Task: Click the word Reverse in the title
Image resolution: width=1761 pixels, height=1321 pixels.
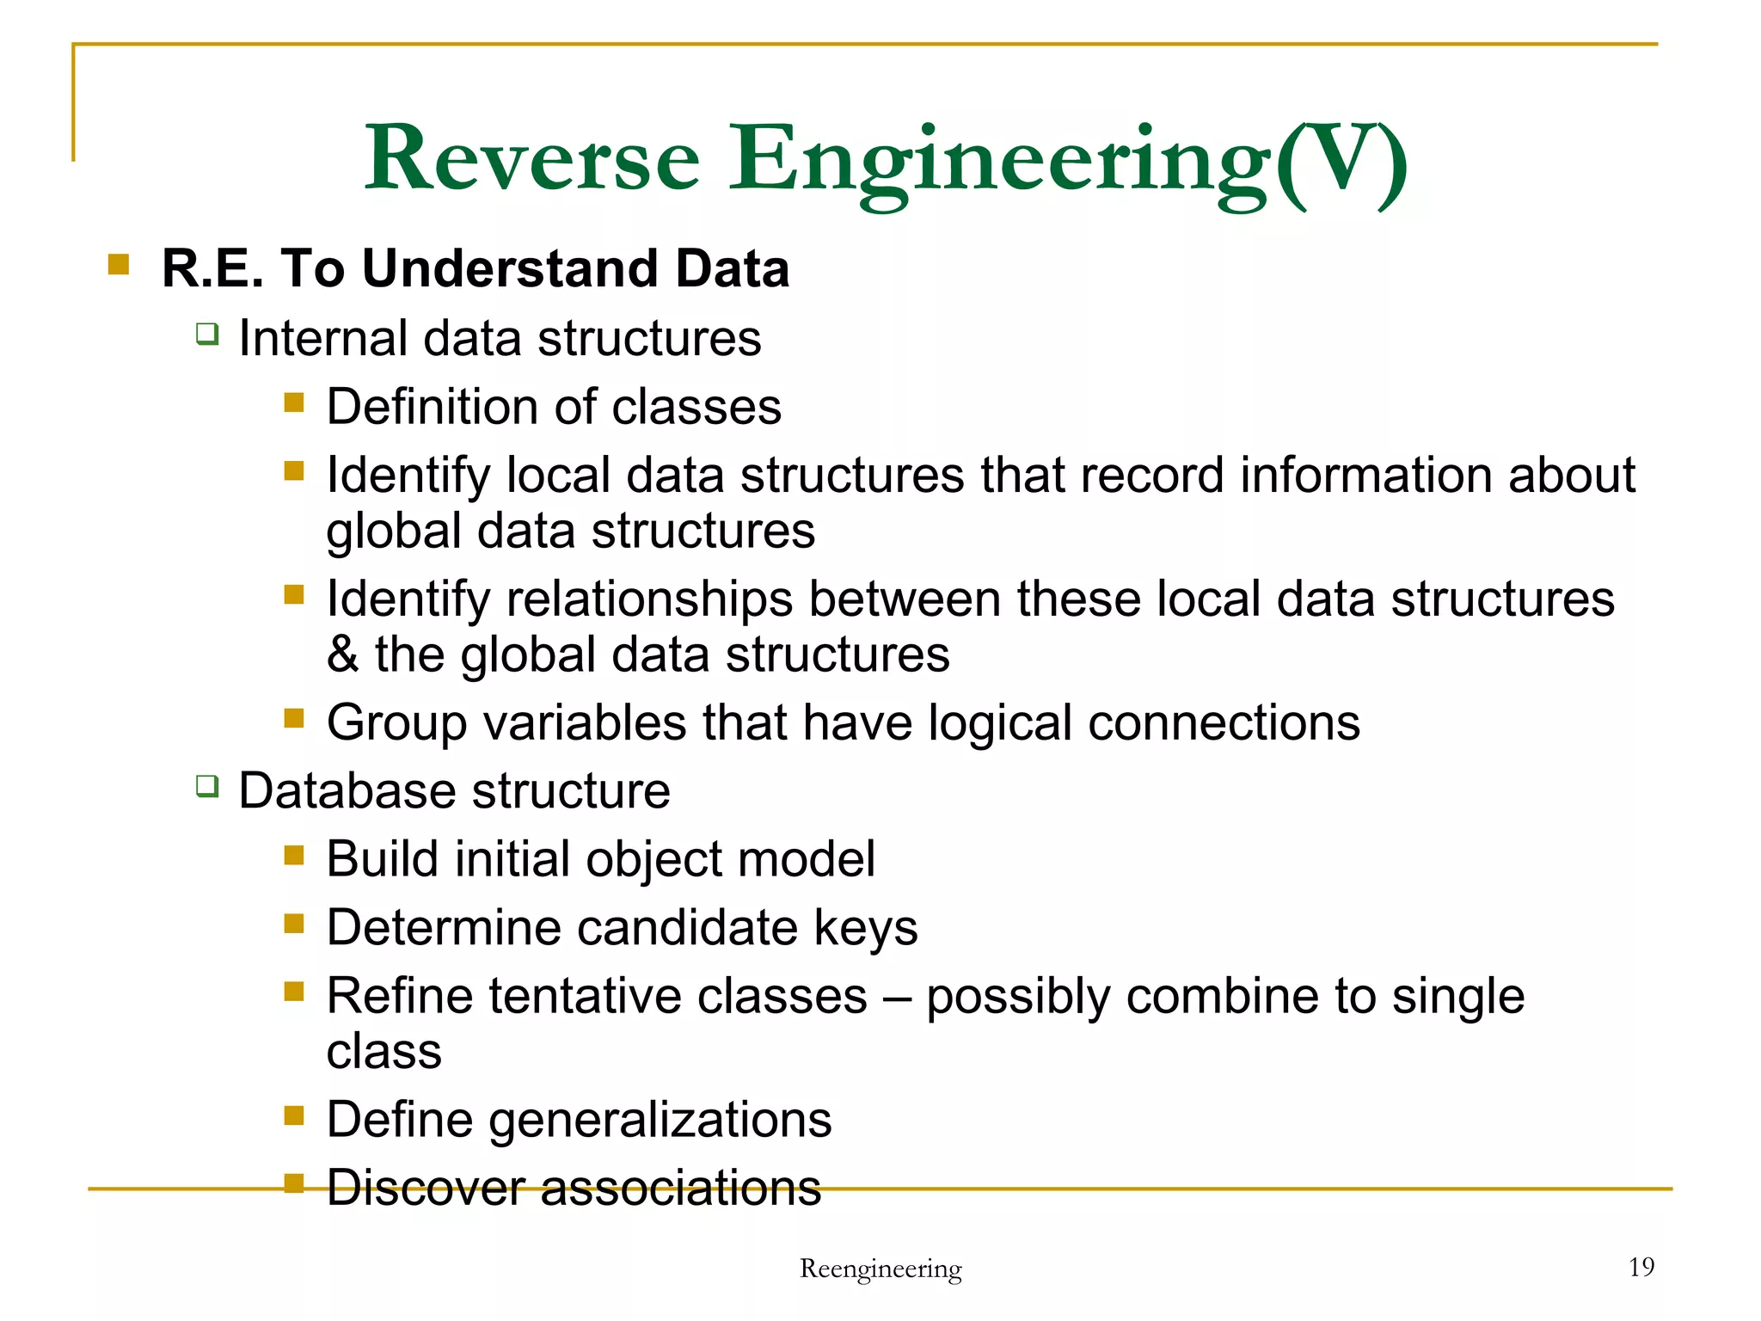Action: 532,159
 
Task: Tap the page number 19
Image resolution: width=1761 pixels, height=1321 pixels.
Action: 1641,1267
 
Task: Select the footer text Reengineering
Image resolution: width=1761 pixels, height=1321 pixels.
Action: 880,1269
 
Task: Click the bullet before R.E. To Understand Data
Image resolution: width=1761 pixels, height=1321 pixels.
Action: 119,264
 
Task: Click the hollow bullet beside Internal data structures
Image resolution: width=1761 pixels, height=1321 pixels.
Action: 206,334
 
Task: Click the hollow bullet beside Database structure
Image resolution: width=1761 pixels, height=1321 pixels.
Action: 206,786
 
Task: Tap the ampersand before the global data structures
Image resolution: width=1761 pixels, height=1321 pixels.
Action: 342,655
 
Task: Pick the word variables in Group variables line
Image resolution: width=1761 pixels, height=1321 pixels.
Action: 585,723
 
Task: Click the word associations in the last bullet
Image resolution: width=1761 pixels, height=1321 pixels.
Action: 680,1189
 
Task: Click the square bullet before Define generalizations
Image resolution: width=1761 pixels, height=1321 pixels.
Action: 294,1115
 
